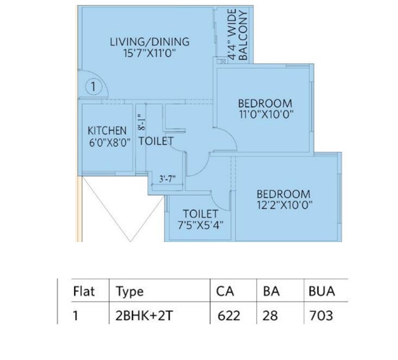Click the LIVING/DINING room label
[150, 42]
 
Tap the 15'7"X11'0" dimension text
[150, 53]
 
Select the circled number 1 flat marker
[93, 86]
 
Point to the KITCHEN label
[107, 130]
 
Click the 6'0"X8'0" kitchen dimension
[110, 143]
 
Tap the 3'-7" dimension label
[167, 179]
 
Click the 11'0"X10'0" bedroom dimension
[267, 115]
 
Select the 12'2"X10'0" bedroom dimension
[284, 205]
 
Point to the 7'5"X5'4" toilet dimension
[201, 225]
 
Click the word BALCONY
[243, 36]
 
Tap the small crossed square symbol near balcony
[223, 61]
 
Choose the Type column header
[130, 291]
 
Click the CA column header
[225, 291]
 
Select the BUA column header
[321, 291]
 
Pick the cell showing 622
[229, 316]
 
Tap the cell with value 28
[270, 316]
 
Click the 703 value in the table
[321, 316]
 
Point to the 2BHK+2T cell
[144, 316]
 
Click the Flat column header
[84, 291]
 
